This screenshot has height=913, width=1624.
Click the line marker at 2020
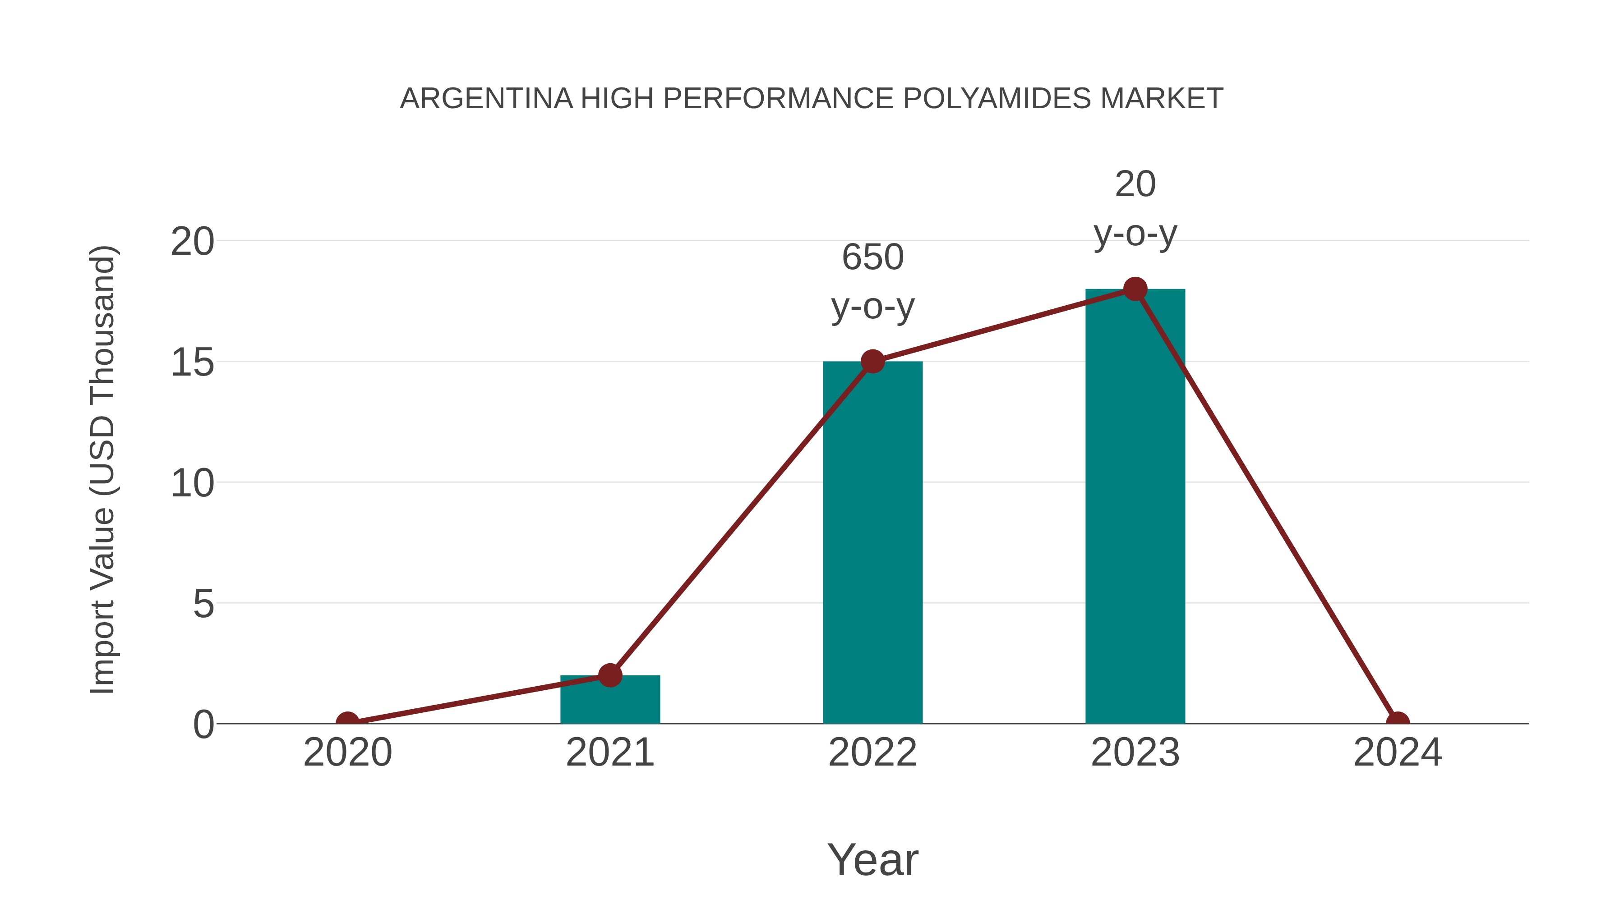(347, 722)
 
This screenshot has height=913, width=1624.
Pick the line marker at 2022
(872, 362)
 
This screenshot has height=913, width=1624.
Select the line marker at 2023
(1135, 289)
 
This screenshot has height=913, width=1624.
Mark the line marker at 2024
(1398, 722)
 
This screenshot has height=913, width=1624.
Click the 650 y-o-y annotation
(872, 282)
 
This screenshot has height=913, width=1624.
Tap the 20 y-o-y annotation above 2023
(1135, 209)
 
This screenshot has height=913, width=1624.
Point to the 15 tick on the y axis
(192, 363)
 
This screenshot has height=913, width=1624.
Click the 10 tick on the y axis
(192, 484)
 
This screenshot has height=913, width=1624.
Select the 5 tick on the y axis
(203, 604)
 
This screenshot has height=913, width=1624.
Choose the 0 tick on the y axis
(203, 725)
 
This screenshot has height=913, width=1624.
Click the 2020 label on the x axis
(347, 752)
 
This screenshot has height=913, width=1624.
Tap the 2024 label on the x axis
(1398, 752)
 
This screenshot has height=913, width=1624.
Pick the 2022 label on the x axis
(872, 752)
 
